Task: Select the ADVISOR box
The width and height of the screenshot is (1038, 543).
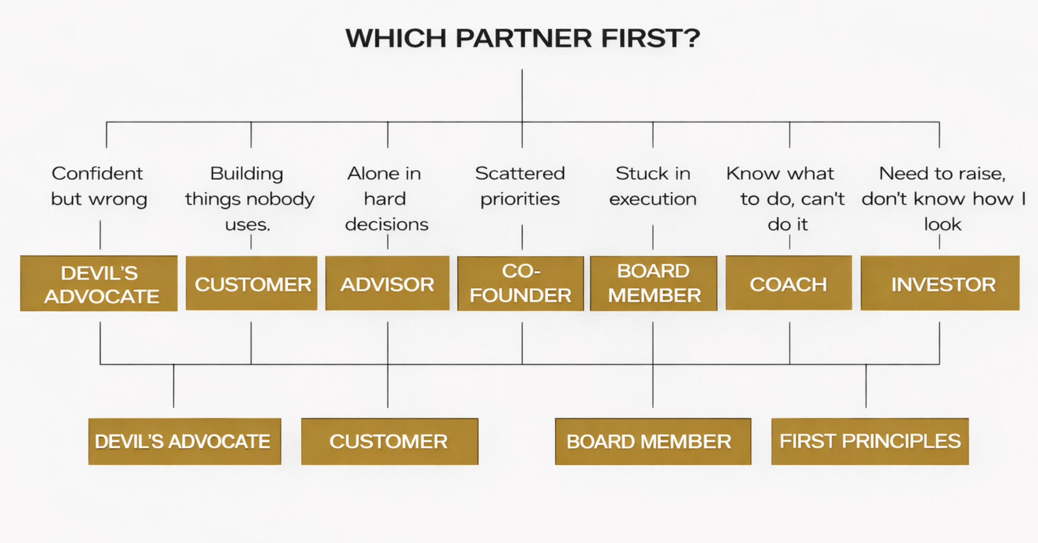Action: pyautogui.click(x=387, y=284)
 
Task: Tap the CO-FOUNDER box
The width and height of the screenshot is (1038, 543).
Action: pyautogui.click(x=520, y=284)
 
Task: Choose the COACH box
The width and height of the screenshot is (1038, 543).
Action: pyautogui.click(x=788, y=284)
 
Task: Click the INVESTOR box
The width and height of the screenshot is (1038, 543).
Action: pyautogui.click(x=940, y=284)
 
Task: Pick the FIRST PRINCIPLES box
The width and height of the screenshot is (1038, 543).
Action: pyautogui.click(x=869, y=441)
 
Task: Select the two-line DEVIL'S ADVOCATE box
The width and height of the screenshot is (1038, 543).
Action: pyautogui.click(x=99, y=284)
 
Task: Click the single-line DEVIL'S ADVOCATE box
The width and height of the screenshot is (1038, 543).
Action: pyautogui.click(x=184, y=441)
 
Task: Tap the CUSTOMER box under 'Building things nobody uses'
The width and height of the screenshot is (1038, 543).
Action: pyautogui.click(x=252, y=284)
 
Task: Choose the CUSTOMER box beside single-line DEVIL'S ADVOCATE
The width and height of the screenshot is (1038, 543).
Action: pyautogui.click(x=389, y=441)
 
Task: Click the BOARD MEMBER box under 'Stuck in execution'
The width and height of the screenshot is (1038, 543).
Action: pyautogui.click(x=653, y=284)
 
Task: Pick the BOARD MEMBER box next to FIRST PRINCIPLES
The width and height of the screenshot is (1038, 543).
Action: pyautogui.click(x=653, y=441)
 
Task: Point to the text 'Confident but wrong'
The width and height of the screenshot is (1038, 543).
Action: pyautogui.click(x=99, y=186)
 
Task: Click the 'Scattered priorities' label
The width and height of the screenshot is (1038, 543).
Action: pyautogui.click(x=520, y=186)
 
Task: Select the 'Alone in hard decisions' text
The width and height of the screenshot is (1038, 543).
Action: pyautogui.click(x=386, y=199)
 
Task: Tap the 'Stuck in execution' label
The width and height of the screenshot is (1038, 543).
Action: pyautogui.click(x=653, y=186)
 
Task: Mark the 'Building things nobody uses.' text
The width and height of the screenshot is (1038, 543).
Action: pyautogui.click(x=249, y=199)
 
